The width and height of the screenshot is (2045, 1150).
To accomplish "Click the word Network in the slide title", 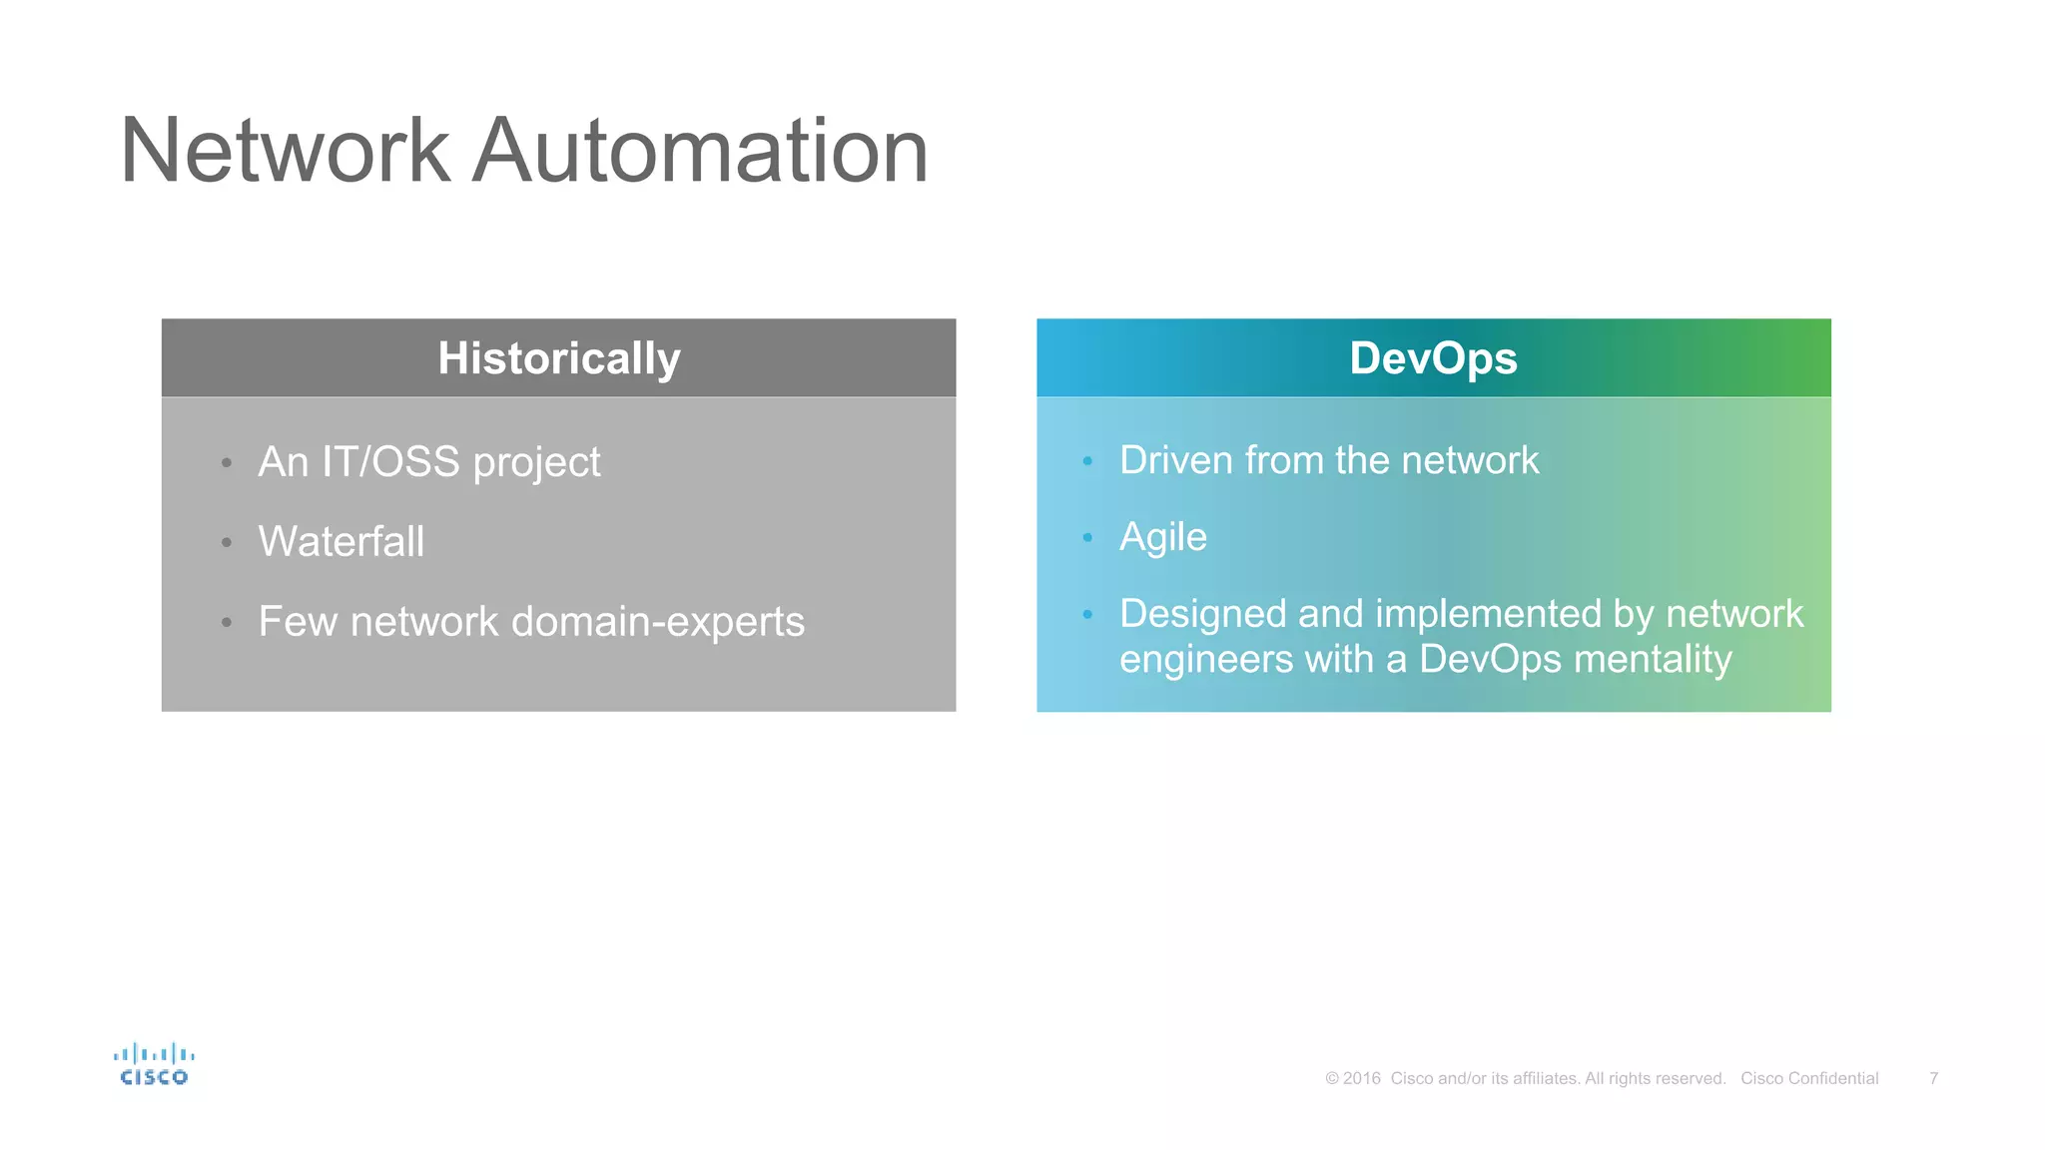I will tap(286, 152).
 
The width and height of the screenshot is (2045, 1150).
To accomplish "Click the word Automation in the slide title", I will tap(700, 152).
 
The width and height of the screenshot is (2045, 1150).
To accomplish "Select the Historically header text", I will tap(558, 358).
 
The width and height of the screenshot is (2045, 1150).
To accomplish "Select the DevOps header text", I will tap(1433, 358).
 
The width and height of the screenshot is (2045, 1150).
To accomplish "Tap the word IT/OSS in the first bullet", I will tap(390, 462).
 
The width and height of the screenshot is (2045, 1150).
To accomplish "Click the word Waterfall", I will tap(341, 542).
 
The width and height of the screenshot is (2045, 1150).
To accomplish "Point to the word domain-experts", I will tap(657, 622).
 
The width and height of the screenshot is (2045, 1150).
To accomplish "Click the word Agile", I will tap(1162, 538).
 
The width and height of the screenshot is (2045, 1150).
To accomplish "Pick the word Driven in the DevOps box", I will tap(1175, 460).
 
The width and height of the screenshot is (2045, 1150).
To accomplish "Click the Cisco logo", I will tap(154, 1064).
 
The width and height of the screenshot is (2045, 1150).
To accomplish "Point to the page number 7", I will tap(1933, 1078).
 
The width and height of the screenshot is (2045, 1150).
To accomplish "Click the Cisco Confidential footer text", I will tap(1809, 1078).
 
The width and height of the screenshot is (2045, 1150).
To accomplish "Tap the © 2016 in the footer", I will tap(1353, 1078).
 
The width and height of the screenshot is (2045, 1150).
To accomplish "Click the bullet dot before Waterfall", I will tap(227, 543).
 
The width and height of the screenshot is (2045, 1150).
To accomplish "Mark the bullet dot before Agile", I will tap(1087, 538).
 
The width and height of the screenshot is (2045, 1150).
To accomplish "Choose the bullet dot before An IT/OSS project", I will tap(227, 463).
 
